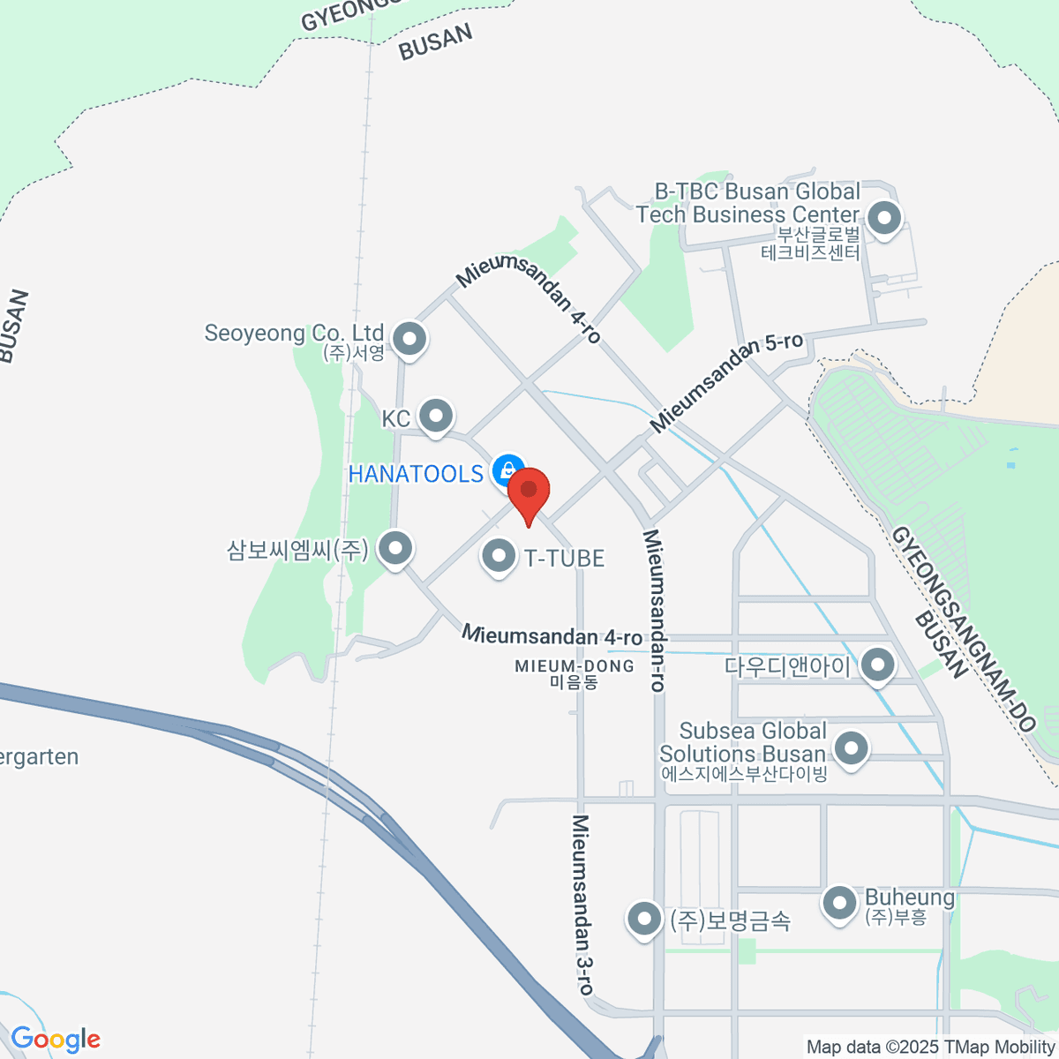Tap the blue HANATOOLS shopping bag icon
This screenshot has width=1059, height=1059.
pos(507,469)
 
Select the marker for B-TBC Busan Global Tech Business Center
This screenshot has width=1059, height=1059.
pos(883,216)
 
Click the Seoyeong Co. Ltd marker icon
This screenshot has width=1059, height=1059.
pos(409,338)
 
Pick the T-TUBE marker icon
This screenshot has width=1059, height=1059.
pos(499,557)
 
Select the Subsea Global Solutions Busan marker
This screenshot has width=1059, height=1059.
pos(851,748)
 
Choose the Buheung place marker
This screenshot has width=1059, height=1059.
pos(838,902)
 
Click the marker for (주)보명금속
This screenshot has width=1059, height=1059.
pos(644,919)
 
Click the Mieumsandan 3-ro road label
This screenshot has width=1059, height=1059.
pos(582,904)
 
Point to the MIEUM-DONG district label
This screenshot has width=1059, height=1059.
pos(575,666)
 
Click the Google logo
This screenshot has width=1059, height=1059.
pos(55,1040)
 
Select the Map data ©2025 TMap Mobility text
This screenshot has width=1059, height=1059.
pos(930,1048)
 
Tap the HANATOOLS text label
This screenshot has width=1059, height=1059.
pos(416,474)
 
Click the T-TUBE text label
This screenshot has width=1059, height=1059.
pos(565,558)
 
